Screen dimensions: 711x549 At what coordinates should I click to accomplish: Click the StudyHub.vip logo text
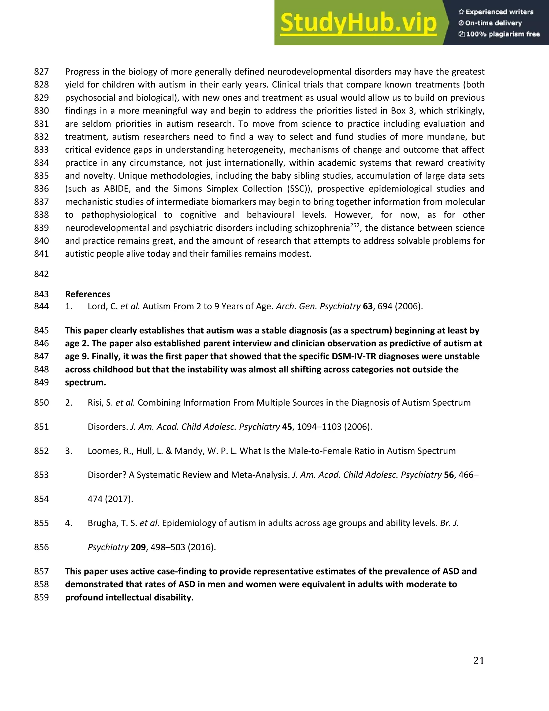[x=358, y=23]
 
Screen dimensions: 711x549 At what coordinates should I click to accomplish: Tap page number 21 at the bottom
[x=478, y=661]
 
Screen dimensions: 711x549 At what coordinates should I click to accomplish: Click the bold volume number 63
[x=368, y=306]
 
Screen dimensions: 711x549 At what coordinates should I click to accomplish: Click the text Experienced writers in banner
[x=499, y=12]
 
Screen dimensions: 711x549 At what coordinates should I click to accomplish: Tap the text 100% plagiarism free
[x=503, y=34]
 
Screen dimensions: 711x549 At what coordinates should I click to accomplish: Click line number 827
[x=41, y=72]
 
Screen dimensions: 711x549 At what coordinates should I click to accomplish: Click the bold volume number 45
[x=287, y=427]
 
